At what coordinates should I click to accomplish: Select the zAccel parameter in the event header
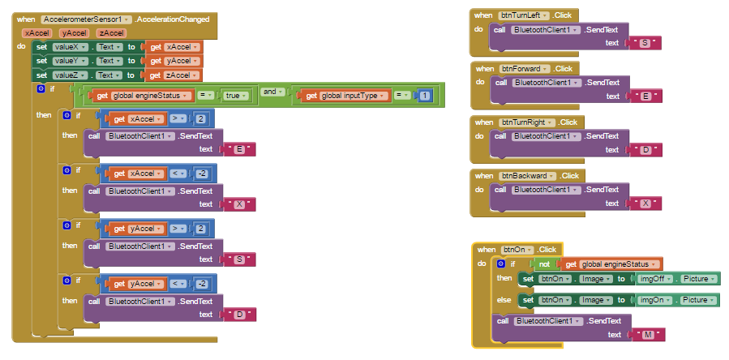(x=111, y=33)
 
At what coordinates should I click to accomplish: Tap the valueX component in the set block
(x=66, y=47)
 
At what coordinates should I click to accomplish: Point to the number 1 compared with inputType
(x=425, y=96)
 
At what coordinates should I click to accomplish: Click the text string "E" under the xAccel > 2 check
(x=239, y=149)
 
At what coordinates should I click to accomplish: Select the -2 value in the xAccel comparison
(x=204, y=174)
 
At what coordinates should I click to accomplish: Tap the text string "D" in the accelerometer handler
(x=239, y=314)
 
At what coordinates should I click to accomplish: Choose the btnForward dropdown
(x=525, y=69)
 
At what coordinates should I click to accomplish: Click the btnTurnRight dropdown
(x=527, y=122)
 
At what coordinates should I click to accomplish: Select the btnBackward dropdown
(x=525, y=176)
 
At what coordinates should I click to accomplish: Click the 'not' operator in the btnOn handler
(x=545, y=264)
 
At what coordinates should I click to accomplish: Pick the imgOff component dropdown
(x=654, y=279)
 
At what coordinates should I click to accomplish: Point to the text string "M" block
(x=647, y=335)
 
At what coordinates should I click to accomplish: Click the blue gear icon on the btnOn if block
(x=500, y=264)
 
